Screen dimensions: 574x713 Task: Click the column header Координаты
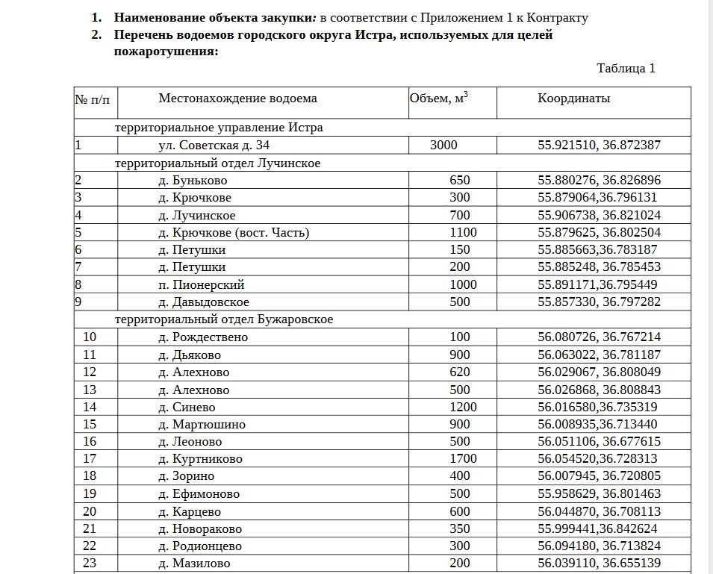[573, 99]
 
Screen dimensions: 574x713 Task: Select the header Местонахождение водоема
[237, 99]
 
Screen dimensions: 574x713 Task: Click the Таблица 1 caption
[626, 69]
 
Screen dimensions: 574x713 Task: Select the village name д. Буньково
[193, 181]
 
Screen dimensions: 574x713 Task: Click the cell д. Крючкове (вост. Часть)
[234, 233]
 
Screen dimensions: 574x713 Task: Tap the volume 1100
[463, 233]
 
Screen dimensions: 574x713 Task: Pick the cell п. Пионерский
[202, 285]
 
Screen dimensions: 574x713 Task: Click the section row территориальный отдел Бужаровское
[223, 319]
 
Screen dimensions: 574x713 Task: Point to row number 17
[90, 459]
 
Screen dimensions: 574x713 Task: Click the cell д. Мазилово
[194, 564]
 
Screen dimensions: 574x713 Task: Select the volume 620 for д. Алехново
[460, 372]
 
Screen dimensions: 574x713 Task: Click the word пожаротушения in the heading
[165, 52]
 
